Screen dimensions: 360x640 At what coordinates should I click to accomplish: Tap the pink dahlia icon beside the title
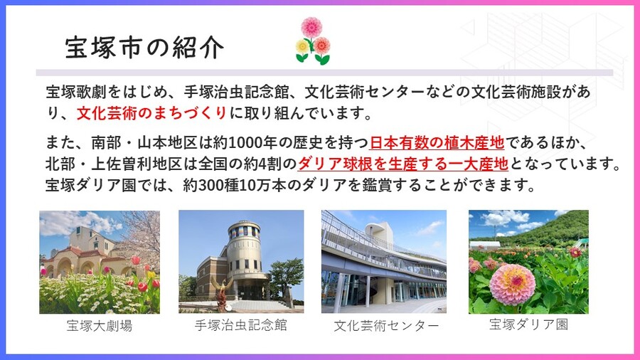pos(311,27)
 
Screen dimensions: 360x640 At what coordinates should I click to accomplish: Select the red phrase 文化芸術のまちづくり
pos(151,112)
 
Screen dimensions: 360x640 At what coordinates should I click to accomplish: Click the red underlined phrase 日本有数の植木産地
pos(437,142)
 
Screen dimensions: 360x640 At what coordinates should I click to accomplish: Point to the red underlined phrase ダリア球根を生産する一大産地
pos(402,164)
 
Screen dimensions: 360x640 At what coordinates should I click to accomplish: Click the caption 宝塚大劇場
pos(100,327)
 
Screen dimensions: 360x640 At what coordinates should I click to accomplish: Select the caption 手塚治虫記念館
pos(240,327)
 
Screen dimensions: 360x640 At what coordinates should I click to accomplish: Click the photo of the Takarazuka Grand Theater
pos(100,262)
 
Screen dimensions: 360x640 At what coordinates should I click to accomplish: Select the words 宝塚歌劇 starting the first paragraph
pos(73,92)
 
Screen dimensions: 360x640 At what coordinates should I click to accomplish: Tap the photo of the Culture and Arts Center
pos(384,262)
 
